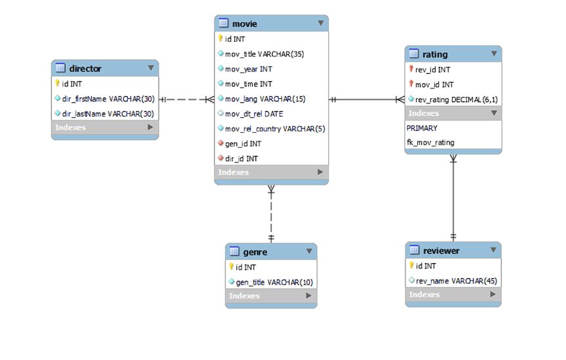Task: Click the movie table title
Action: point(244,24)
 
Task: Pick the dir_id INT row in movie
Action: point(241,158)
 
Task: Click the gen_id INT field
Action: point(243,143)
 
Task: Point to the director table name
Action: point(85,68)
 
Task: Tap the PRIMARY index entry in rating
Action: point(422,128)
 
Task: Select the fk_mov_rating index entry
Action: point(430,143)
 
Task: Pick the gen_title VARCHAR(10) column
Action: point(274,282)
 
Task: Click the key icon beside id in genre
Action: point(231,267)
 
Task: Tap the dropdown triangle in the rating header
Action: point(494,54)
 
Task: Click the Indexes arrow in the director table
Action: point(150,128)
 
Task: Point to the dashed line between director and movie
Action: point(186,99)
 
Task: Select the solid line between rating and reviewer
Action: point(453,196)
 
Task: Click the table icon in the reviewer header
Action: point(414,251)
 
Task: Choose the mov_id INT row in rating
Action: point(434,84)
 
